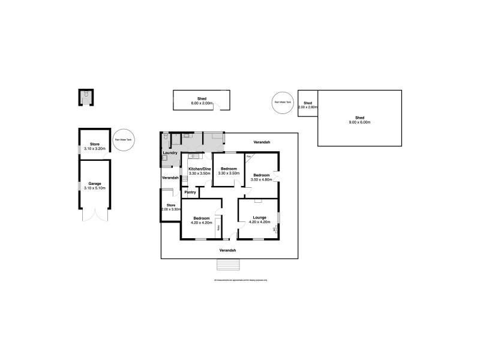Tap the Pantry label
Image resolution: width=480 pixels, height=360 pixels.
[191, 192]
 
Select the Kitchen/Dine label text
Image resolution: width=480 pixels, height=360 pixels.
[200, 169]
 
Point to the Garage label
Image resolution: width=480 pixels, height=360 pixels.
[94, 183]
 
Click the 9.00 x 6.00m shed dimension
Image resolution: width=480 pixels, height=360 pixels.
[360, 122]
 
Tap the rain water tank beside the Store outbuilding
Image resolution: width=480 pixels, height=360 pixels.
[123, 140]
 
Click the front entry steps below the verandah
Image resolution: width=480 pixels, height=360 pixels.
[229, 265]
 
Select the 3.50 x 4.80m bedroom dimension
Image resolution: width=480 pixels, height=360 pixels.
[261, 179]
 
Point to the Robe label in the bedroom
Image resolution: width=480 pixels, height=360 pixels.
[218, 227]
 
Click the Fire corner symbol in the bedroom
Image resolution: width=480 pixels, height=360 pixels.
[249, 157]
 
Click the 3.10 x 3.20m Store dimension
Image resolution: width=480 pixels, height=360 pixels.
[94, 148]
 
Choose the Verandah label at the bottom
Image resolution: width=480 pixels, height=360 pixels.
[227, 250]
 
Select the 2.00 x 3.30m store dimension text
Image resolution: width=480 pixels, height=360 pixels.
[170, 209]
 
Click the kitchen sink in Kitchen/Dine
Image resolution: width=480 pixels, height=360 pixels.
[194, 157]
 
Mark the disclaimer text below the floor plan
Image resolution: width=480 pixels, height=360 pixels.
[240, 280]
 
